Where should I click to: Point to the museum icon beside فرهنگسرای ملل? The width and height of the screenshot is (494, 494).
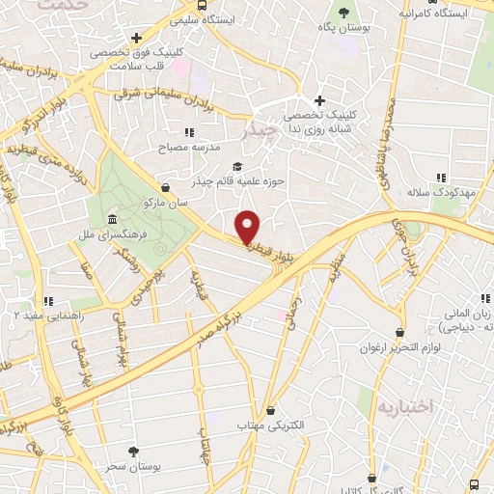(x=114, y=219)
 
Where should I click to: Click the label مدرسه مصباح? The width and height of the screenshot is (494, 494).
(x=194, y=147)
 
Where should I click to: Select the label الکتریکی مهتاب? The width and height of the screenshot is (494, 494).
(x=271, y=425)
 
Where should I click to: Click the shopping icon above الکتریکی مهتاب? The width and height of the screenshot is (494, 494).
(x=271, y=410)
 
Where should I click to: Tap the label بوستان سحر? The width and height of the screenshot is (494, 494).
(x=134, y=466)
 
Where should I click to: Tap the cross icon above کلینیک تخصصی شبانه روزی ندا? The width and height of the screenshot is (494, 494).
(x=320, y=100)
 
